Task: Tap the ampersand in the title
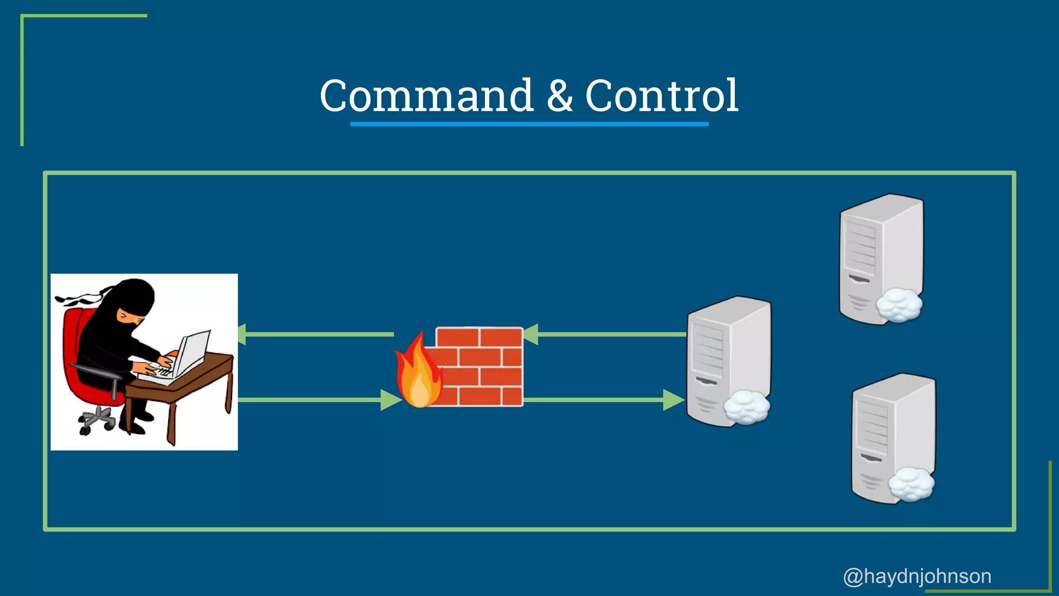[559, 97]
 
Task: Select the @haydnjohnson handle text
[917, 576]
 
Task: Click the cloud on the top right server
[899, 305]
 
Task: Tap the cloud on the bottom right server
[911, 484]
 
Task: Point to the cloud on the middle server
[746, 408]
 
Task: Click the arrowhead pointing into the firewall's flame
[390, 400]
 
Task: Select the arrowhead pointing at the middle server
[673, 400]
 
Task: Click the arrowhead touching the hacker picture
[241, 334]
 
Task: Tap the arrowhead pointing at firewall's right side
[531, 334]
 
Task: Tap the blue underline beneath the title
[529, 124]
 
